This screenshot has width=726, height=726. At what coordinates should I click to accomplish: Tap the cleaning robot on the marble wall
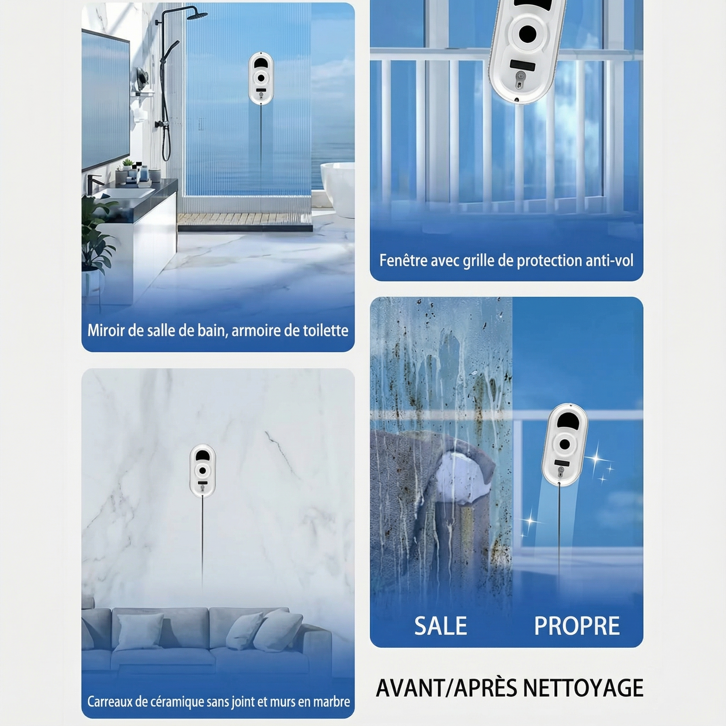pos(202,470)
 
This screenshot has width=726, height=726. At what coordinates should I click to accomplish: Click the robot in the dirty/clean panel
pos(564,445)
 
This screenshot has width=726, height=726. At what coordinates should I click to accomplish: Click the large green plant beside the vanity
pos(97,233)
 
